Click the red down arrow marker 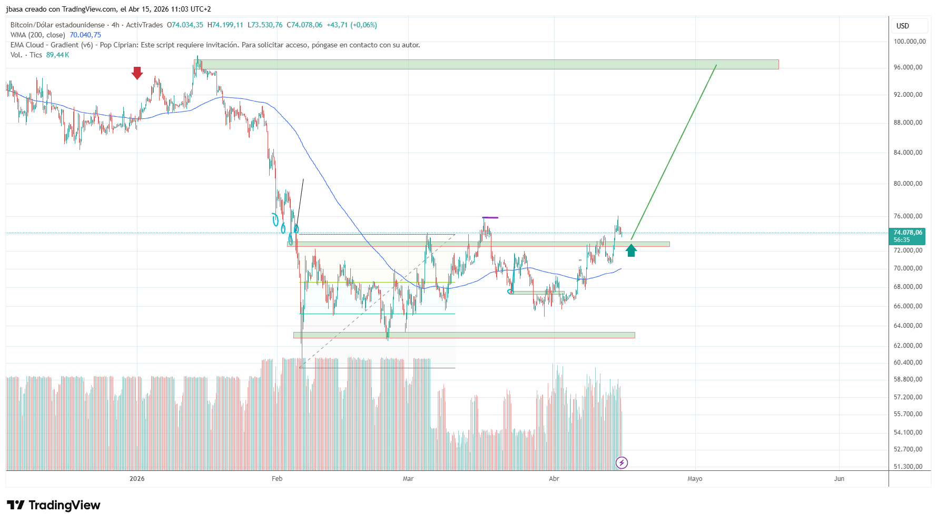[x=137, y=73]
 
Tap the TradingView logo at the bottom [x=54, y=505]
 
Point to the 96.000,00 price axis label [x=908, y=67]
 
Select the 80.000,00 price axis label [x=908, y=184]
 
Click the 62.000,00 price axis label [x=908, y=346]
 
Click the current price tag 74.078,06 [x=908, y=233]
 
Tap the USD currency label [x=903, y=26]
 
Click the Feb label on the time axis [x=277, y=479]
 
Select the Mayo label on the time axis [x=695, y=479]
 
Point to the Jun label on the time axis [x=839, y=479]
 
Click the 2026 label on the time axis [x=137, y=479]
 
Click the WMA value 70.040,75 [x=85, y=35]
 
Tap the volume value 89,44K [x=57, y=55]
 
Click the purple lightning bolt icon [x=622, y=463]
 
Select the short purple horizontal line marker [x=490, y=217]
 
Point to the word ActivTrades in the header [x=144, y=25]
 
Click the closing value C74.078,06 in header [x=304, y=25]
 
